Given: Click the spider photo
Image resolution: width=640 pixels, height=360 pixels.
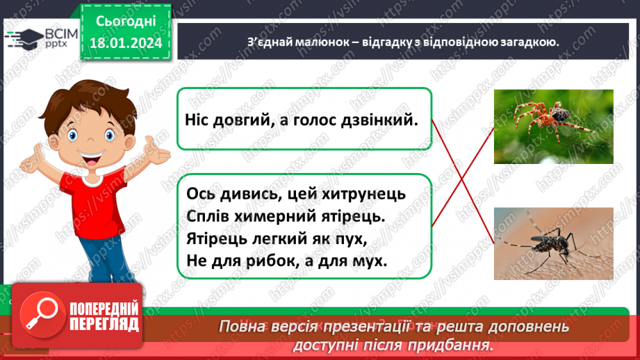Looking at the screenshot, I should [x=553, y=126].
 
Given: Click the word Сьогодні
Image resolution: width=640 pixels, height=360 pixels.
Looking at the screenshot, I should [x=125, y=22].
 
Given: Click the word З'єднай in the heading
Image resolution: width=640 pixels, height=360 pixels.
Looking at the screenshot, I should [x=272, y=42].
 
